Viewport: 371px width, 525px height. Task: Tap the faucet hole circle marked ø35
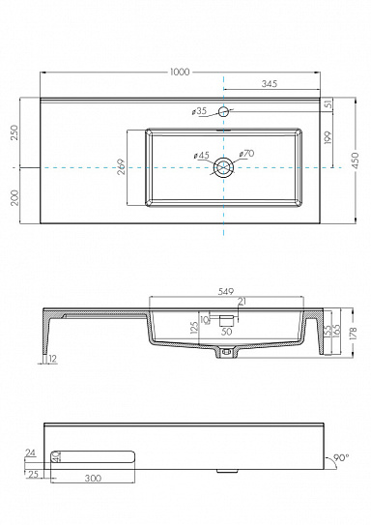point(223,113)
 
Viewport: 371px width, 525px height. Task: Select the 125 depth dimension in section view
point(194,329)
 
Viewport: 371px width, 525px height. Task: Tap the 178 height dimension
point(353,334)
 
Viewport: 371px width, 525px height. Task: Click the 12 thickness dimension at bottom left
point(50,361)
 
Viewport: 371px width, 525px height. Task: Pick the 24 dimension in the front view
point(31,452)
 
